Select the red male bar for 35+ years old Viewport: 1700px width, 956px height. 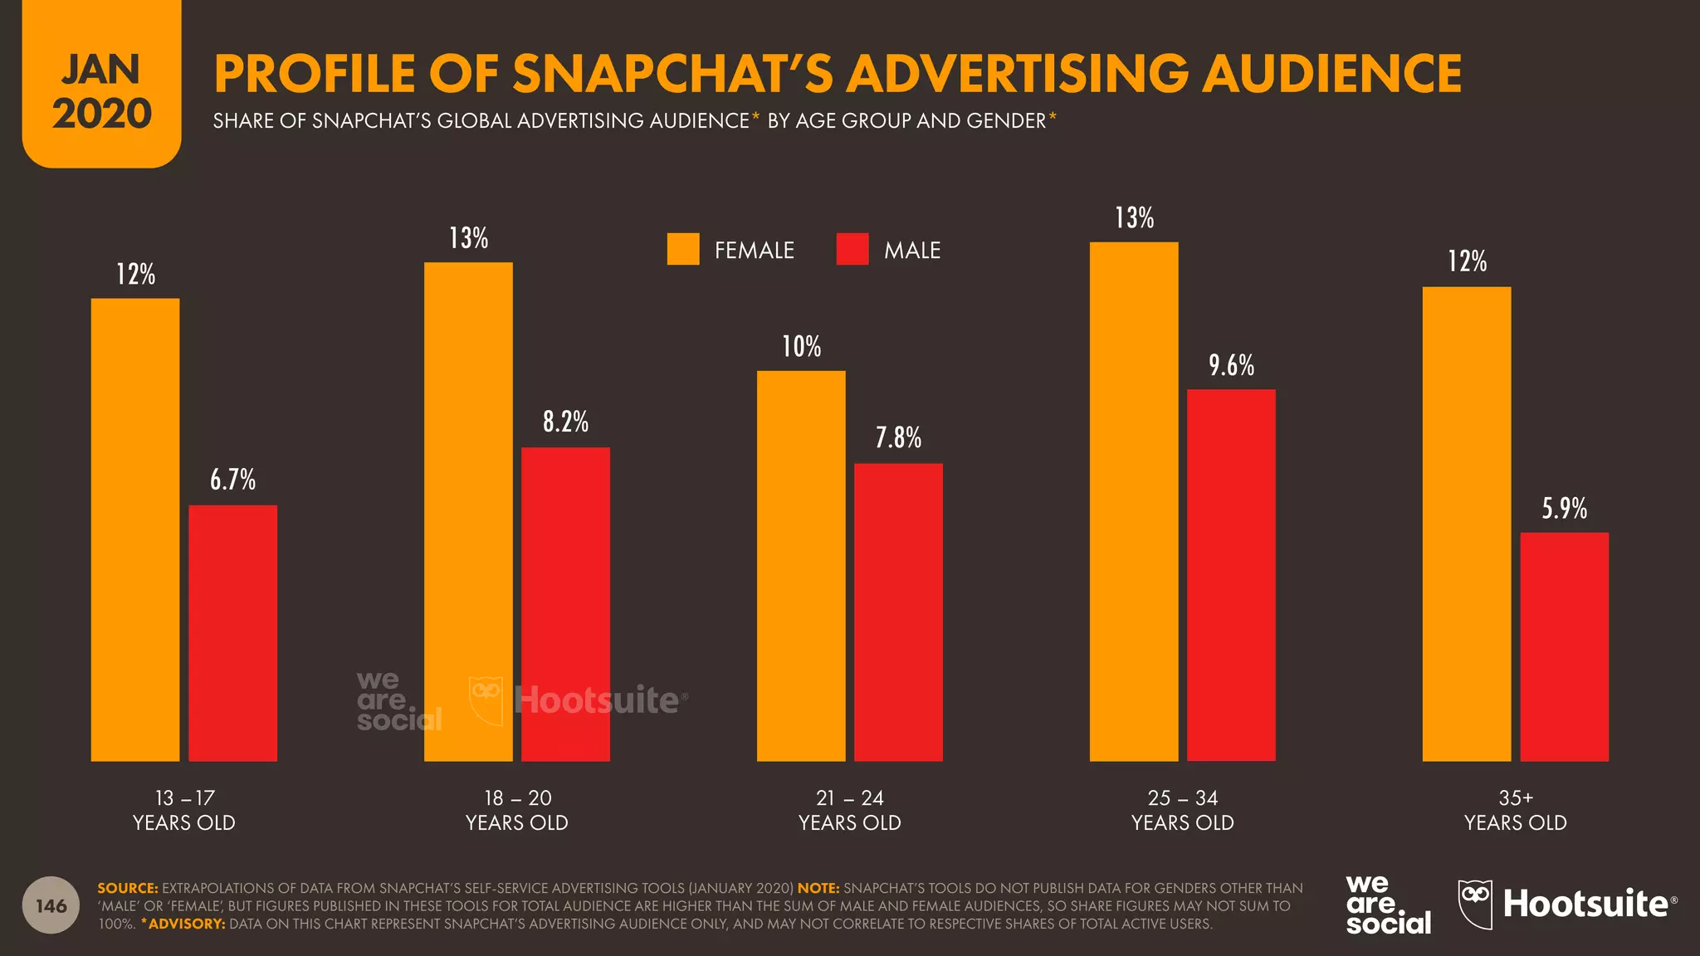pyautogui.click(x=1564, y=646)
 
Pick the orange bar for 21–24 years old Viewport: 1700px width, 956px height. pyautogui.click(x=801, y=565)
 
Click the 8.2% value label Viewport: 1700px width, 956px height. pyautogui.click(x=565, y=422)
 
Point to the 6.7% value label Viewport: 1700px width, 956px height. pyautogui.click(x=232, y=480)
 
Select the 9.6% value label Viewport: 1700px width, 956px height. pyautogui.click(x=1231, y=365)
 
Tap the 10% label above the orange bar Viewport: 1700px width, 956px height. pyautogui.click(x=801, y=346)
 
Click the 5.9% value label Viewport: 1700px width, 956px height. pyautogui.click(x=1564, y=508)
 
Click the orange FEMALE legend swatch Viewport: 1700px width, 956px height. pyautogui.click(x=683, y=249)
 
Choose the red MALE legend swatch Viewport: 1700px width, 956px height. pyautogui.click(x=852, y=249)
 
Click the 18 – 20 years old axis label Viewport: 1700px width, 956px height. pyautogui.click(x=517, y=810)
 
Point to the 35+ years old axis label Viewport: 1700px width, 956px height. pyautogui.click(x=1515, y=810)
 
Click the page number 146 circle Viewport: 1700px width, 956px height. pyautogui.click(x=51, y=905)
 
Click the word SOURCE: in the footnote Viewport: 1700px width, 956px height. pyautogui.click(x=127, y=888)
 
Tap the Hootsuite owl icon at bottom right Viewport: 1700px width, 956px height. pyautogui.click(x=1475, y=904)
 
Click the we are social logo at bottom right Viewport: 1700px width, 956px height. pyautogui.click(x=1388, y=905)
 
